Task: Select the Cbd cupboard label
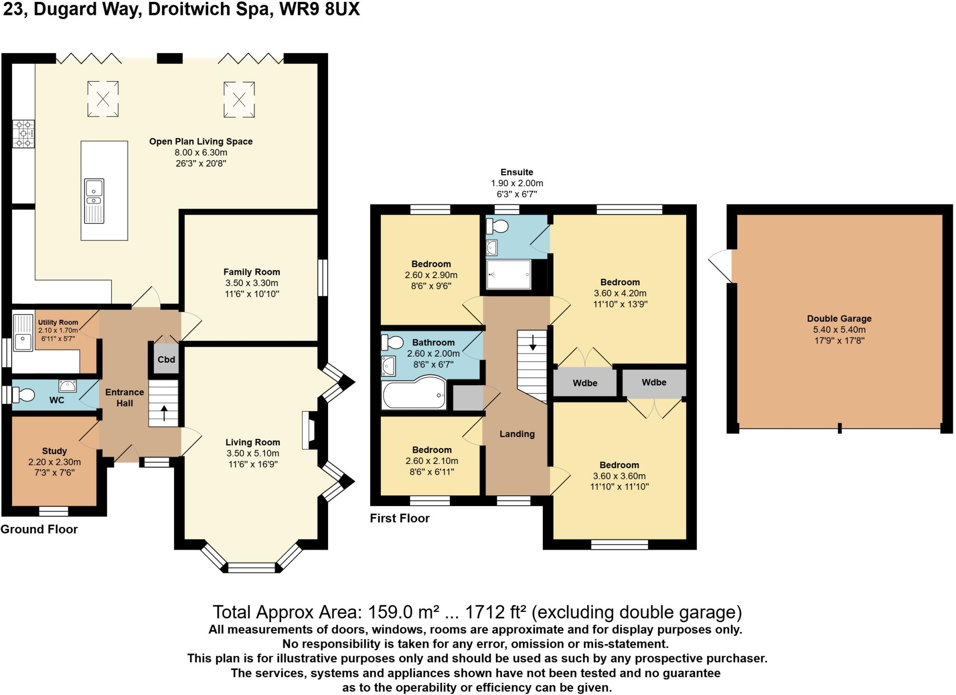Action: tap(166, 359)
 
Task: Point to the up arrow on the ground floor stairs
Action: tap(164, 413)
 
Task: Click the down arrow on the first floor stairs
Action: tap(533, 342)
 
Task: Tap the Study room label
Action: tap(54, 451)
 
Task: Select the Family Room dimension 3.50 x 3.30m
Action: tap(252, 283)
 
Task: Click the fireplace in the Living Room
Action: tap(309, 430)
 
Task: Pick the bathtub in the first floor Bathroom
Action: tap(413, 395)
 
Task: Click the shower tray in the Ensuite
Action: tap(508, 274)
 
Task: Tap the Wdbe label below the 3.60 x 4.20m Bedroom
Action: tap(585, 383)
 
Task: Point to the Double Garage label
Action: tap(839, 319)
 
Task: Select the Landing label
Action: tap(517, 434)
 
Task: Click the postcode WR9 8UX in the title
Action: tap(319, 9)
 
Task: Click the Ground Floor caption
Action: tap(39, 529)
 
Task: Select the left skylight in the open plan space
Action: tap(103, 98)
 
